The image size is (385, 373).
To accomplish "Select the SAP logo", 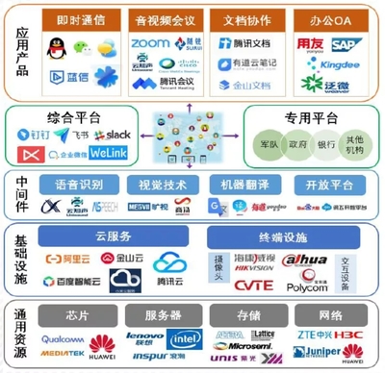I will point(343,43).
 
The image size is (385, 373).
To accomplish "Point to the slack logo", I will point(118,135).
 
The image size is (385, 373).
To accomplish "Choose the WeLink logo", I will point(111,154).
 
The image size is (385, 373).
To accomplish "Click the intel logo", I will point(184,338).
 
